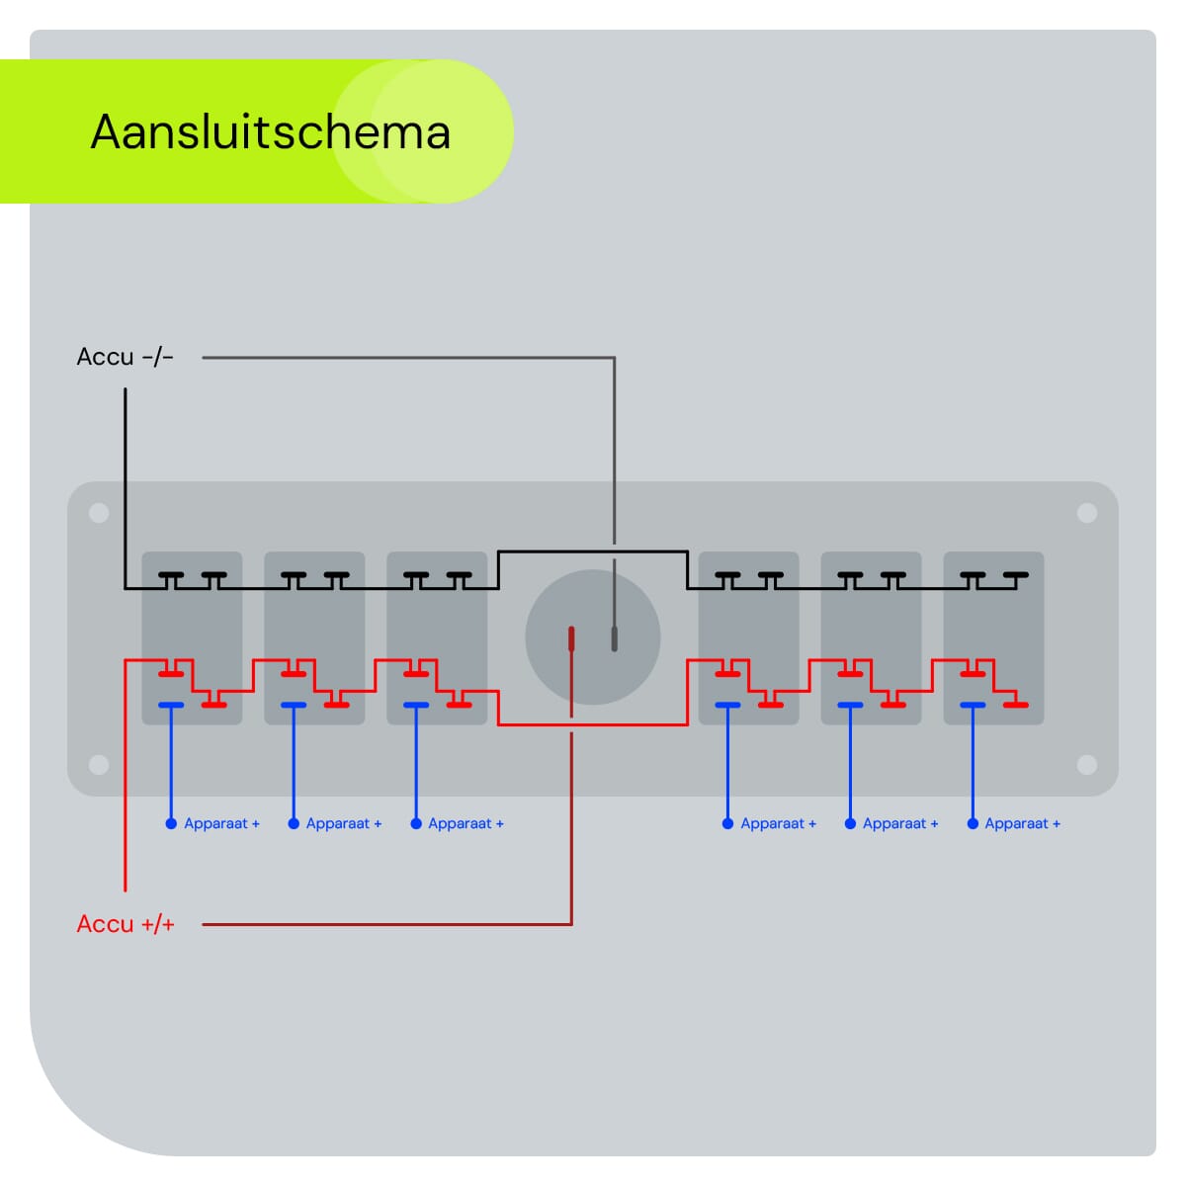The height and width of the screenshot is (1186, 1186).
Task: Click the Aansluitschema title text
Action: pos(270,131)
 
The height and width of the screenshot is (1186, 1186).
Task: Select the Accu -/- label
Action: pos(125,357)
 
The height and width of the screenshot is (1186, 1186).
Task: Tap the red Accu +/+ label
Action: pos(126,924)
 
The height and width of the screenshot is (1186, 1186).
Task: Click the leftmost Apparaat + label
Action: pos(221,823)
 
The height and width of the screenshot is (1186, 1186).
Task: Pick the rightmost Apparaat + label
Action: pos(1022,823)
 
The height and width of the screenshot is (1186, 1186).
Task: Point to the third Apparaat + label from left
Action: pos(466,823)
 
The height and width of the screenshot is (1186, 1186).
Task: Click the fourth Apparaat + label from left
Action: pos(778,823)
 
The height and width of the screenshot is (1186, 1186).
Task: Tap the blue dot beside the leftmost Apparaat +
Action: pos(171,823)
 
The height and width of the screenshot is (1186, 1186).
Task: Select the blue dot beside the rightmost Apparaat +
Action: pos(973,823)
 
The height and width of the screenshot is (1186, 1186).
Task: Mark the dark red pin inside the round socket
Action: pos(571,638)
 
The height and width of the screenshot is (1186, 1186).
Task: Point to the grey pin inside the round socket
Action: pos(614,638)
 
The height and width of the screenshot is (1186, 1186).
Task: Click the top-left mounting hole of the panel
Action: pos(99,513)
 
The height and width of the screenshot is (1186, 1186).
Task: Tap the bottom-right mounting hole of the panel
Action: pos(1087,764)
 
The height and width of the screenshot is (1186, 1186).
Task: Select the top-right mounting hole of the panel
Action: pos(1087,513)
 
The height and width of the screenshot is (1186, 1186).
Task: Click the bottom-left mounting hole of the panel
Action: pos(99,764)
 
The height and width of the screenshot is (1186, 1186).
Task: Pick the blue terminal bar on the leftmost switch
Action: pos(171,705)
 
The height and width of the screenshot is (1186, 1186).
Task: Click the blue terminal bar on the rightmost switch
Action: pos(973,705)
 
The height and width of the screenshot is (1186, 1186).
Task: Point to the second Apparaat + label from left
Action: pos(343,823)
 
